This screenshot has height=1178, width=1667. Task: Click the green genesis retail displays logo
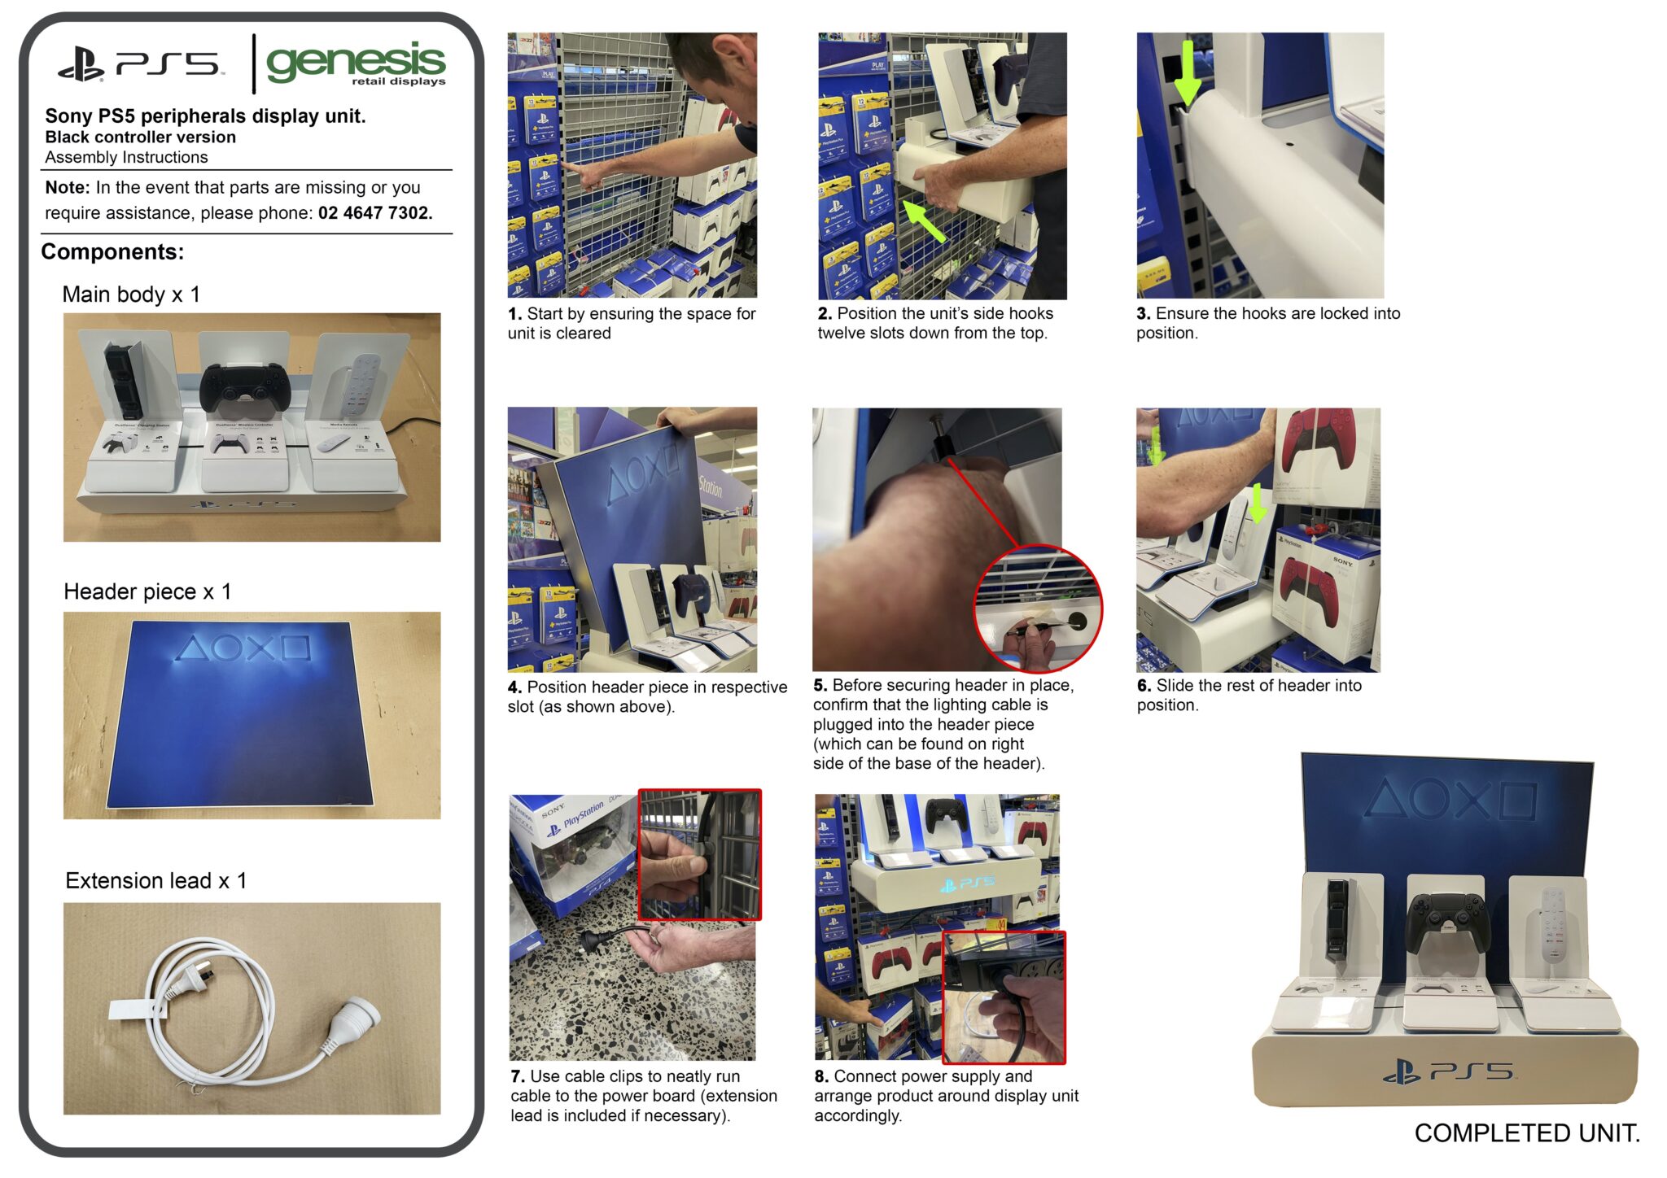click(356, 63)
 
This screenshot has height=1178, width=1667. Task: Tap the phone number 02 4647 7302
click(374, 213)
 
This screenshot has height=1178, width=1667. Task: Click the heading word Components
click(112, 252)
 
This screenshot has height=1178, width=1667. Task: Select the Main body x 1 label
click(131, 294)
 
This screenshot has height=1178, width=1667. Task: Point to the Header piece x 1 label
click(147, 591)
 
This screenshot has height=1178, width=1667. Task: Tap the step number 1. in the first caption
click(514, 314)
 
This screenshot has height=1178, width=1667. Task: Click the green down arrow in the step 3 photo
click(1188, 72)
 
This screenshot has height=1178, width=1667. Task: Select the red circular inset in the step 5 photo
click(1038, 609)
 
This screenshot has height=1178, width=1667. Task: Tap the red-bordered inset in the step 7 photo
click(700, 854)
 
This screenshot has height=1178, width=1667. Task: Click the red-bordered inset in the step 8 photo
click(1004, 997)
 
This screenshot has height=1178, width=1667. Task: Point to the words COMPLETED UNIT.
click(1527, 1133)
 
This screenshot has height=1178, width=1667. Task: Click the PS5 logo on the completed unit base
click(1449, 1071)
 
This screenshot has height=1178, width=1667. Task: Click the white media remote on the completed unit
click(1553, 927)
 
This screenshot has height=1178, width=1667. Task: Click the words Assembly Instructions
click(126, 158)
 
